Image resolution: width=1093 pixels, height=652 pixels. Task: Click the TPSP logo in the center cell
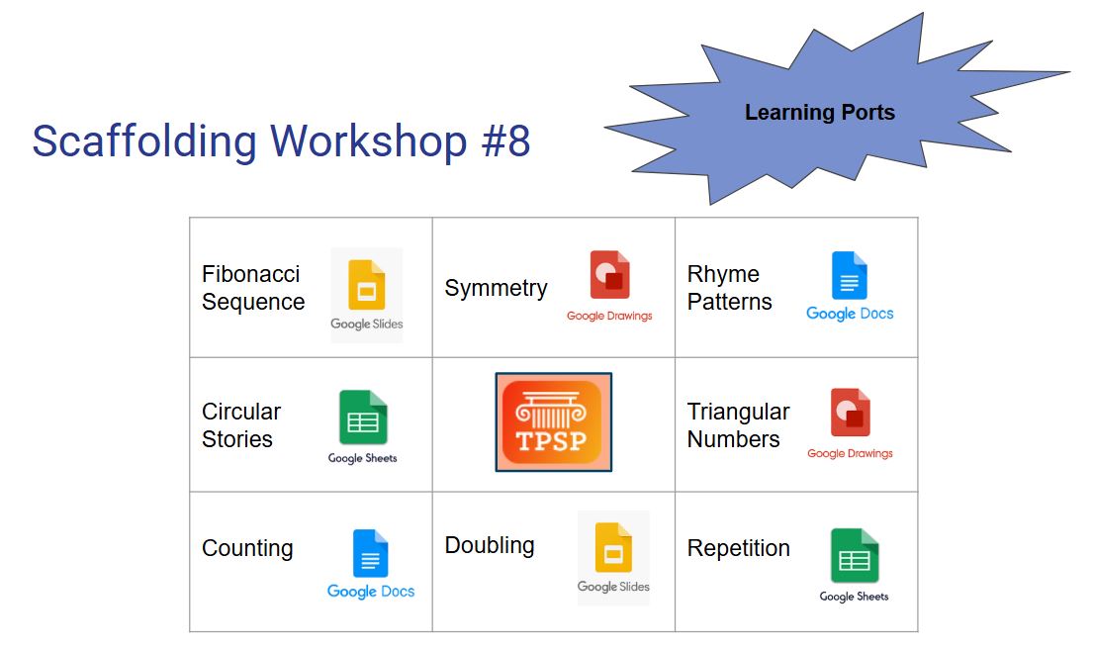click(553, 421)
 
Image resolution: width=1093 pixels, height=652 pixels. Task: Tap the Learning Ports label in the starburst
click(819, 113)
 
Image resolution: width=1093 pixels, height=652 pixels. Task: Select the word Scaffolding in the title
click(144, 141)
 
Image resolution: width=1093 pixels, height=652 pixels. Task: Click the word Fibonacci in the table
click(250, 274)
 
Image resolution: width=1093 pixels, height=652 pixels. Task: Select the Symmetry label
click(496, 288)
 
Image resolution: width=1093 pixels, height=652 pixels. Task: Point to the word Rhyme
click(723, 274)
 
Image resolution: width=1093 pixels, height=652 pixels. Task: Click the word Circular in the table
click(241, 412)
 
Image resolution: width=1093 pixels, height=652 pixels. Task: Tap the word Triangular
click(738, 412)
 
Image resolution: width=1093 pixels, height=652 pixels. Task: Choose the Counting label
click(247, 548)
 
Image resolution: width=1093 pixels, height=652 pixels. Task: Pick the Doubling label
click(490, 545)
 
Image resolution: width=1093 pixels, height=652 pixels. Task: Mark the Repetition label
click(738, 548)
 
